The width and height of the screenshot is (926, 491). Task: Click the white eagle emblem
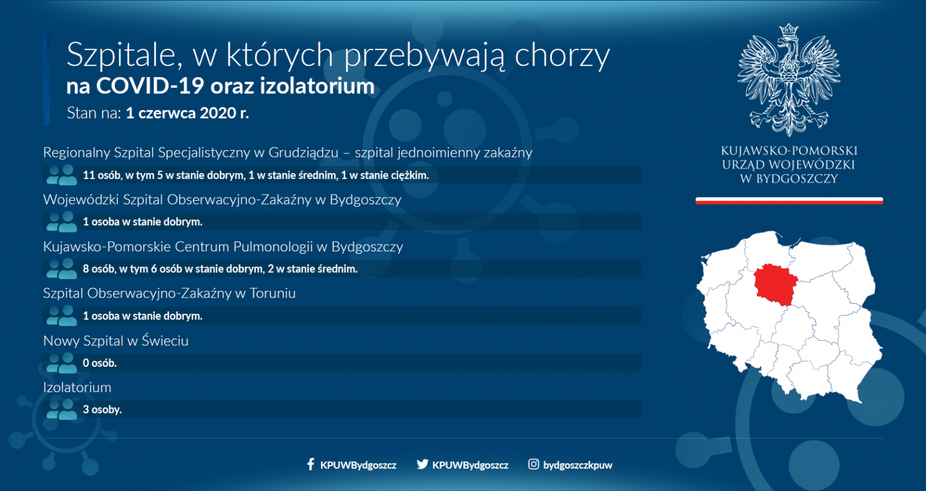(789, 80)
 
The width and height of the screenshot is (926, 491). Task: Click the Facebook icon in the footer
(311, 464)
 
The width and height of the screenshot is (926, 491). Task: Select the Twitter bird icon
(422, 464)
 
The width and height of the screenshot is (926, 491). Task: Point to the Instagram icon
(533, 464)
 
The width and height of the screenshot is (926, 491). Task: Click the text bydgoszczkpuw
(577, 465)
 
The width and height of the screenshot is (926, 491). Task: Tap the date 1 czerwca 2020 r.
(187, 113)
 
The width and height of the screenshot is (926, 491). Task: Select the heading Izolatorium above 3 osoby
(77, 387)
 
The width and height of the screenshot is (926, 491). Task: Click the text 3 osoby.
(102, 409)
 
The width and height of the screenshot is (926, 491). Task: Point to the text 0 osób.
(99, 363)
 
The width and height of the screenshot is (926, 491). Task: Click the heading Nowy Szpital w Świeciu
(116, 340)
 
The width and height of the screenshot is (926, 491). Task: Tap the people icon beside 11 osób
(62, 175)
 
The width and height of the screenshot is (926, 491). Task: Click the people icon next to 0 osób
(62, 363)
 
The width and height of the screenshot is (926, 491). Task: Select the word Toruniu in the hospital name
(272, 293)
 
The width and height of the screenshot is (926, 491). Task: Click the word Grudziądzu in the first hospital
(304, 153)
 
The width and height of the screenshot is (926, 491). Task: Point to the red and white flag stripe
(789, 201)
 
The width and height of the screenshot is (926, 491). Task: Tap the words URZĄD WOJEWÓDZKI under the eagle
(788, 165)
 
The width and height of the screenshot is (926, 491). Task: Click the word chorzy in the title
(562, 55)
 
